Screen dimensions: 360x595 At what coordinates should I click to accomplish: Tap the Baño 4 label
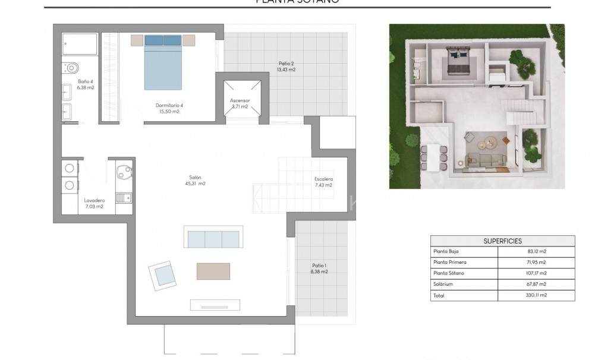pyautogui.click(x=86, y=84)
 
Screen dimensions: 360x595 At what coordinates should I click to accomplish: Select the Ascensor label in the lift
pyautogui.click(x=240, y=103)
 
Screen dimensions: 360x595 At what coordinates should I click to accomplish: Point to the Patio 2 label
pyautogui.click(x=287, y=66)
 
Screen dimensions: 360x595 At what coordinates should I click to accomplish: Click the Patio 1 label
pyautogui.click(x=319, y=269)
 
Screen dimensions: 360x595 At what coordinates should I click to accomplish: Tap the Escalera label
pyautogui.click(x=323, y=182)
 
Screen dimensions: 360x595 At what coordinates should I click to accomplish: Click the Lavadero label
pyautogui.click(x=94, y=204)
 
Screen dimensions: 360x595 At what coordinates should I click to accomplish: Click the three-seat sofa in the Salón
pyautogui.click(x=213, y=239)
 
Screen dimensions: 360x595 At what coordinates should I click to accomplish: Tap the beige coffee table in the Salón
pyautogui.click(x=213, y=271)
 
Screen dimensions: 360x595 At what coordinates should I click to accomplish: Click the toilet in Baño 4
pyautogui.click(x=70, y=67)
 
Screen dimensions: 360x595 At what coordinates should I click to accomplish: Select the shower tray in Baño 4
pyautogui.click(x=80, y=45)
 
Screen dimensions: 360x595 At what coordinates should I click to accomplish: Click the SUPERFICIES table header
pyautogui.click(x=502, y=241)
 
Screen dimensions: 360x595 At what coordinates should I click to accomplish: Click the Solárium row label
pyautogui.click(x=443, y=284)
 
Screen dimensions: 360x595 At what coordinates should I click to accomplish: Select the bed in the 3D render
pyautogui.click(x=458, y=63)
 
